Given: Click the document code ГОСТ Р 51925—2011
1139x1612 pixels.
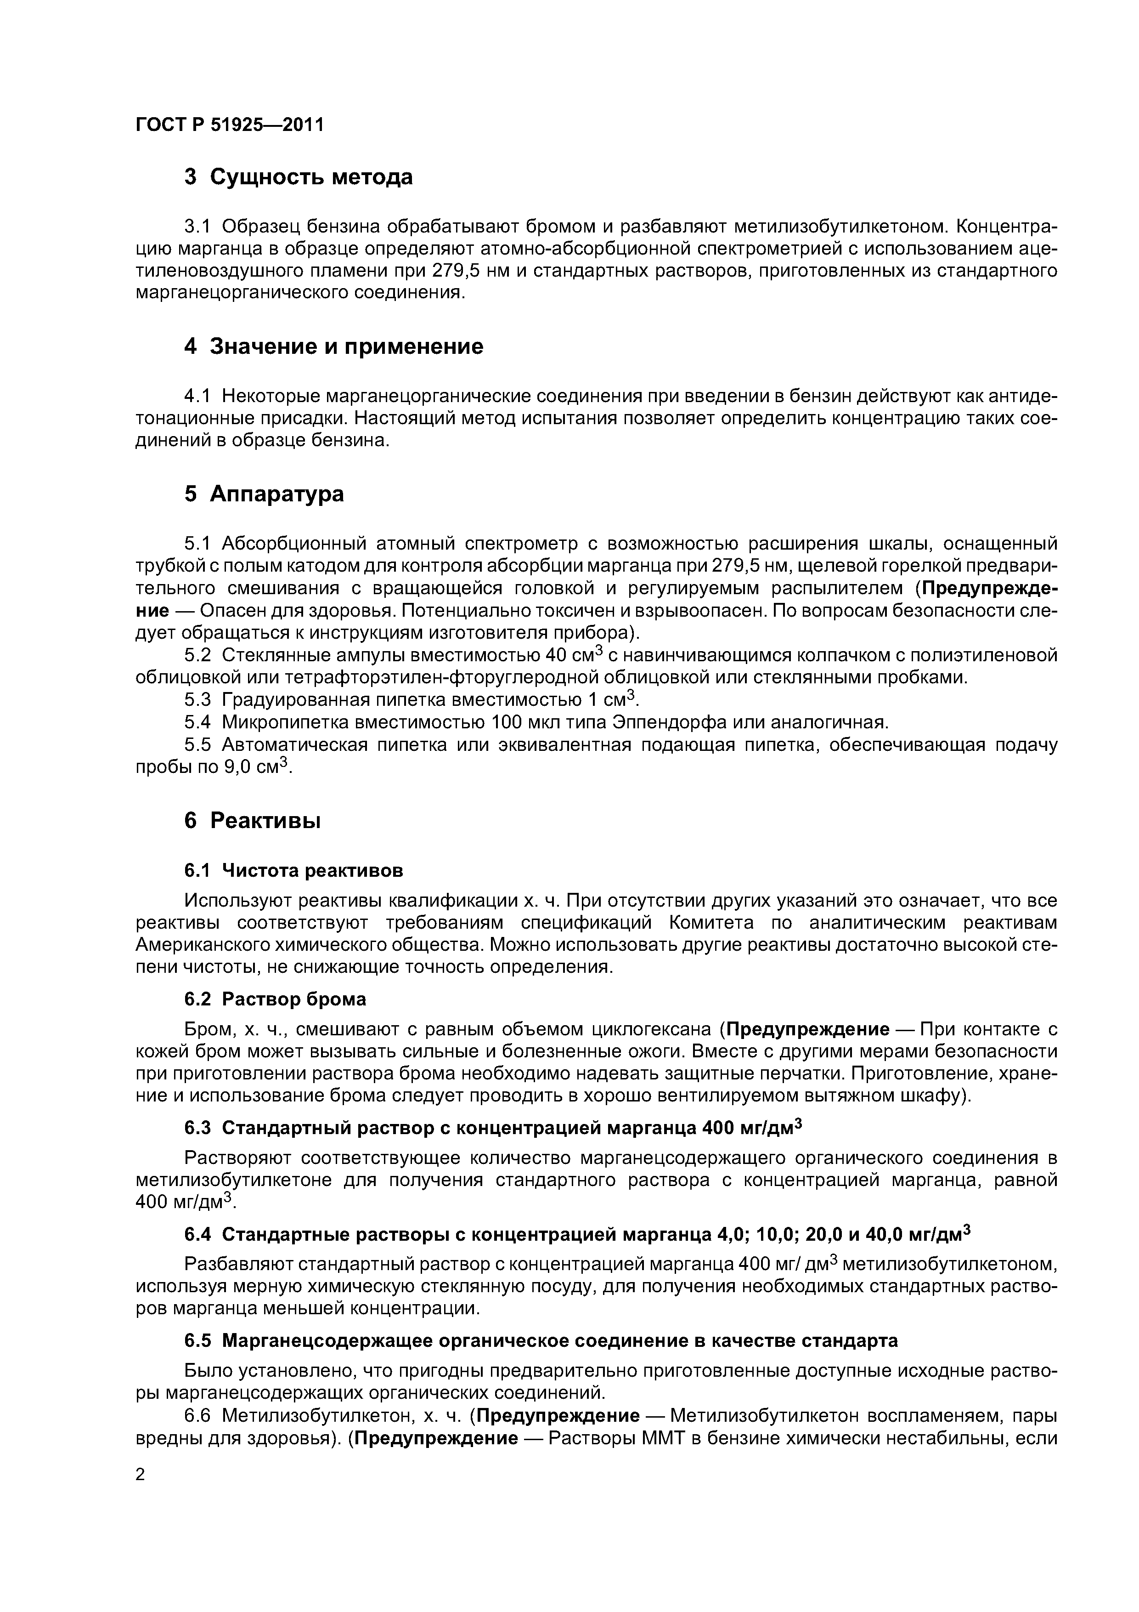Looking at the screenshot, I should [230, 125].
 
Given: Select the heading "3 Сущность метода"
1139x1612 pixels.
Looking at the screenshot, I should [298, 177].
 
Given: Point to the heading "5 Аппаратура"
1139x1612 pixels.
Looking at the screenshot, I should [264, 494].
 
